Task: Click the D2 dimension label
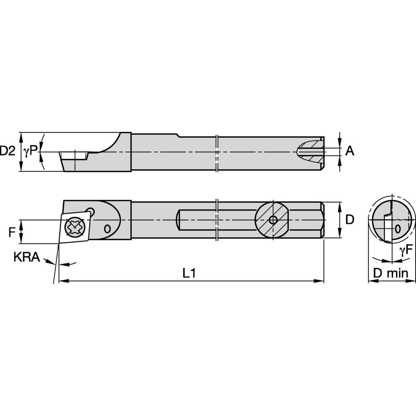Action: (x=7, y=151)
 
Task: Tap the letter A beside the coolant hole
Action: (x=350, y=151)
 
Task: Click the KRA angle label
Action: (x=27, y=258)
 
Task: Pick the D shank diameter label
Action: (x=350, y=220)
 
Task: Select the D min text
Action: (x=391, y=273)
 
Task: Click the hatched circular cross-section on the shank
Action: (x=272, y=220)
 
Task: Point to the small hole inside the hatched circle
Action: (x=273, y=220)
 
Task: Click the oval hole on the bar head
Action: (x=107, y=228)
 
